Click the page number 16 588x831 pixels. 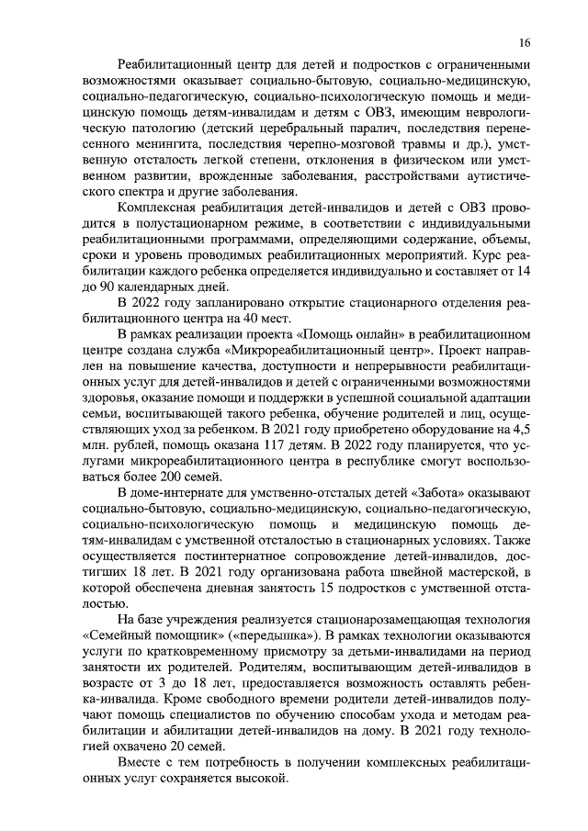point(525,43)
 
